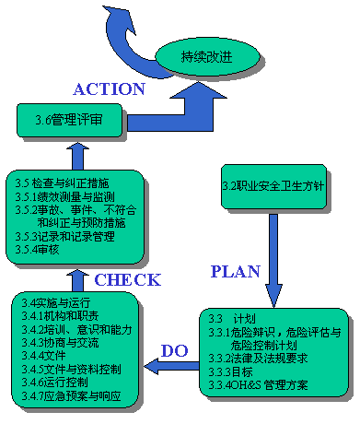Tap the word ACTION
[109, 89]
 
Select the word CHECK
[128, 279]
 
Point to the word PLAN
[236, 271]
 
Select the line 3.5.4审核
[41, 250]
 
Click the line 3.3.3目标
[230, 371]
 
